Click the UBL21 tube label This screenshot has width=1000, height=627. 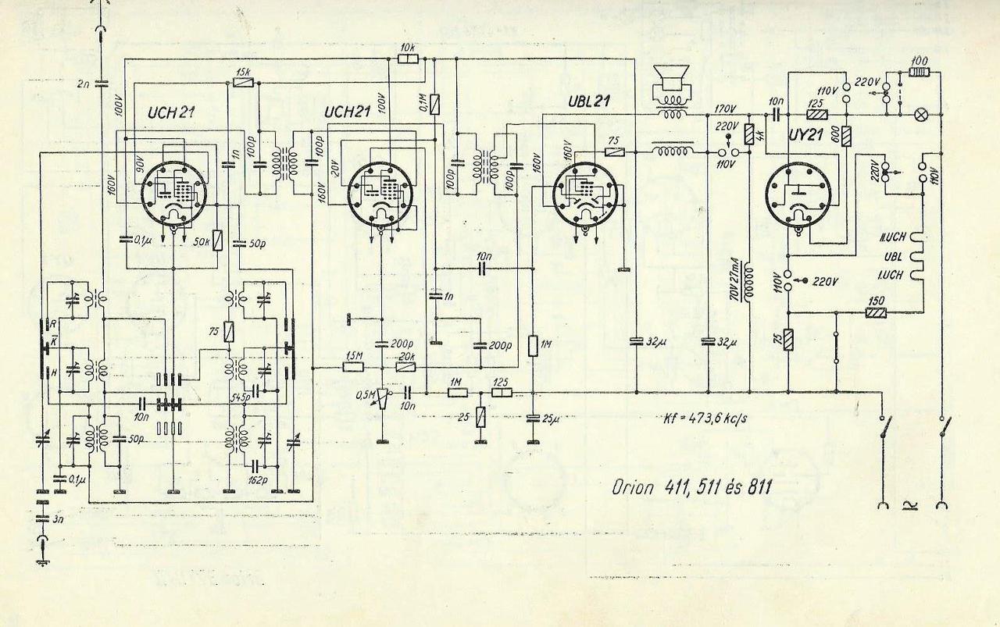(590, 102)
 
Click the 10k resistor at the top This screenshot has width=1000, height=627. (407, 59)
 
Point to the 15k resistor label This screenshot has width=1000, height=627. (244, 72)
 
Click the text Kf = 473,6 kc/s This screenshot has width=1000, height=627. (702, 419)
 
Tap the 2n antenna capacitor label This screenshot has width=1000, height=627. (84, 83)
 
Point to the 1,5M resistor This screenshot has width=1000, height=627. (354, 367)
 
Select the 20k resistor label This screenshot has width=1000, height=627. (406, 356)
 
